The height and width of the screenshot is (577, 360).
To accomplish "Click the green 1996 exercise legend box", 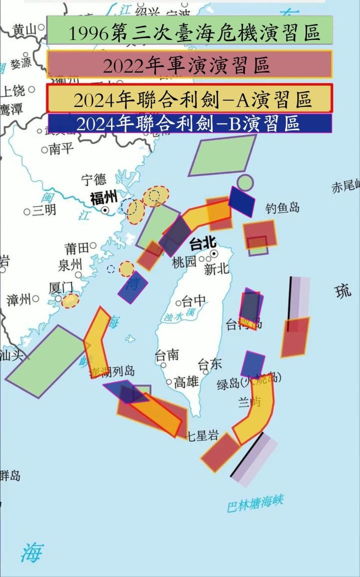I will [x=189, y=30].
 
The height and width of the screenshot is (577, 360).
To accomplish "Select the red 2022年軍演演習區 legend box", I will [x=189, y=64].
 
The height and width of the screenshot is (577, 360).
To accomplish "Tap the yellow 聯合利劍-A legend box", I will [x=189, y=98].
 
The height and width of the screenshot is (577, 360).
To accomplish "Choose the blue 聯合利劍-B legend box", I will [x=189, y=123].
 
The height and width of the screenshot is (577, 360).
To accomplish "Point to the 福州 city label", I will [x=103, y=198].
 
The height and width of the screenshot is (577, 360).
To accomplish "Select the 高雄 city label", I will [x=186, y=383].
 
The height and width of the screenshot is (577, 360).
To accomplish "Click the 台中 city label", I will [x=193, y=301].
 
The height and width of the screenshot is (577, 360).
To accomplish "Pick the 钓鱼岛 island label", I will [x=282, y=208].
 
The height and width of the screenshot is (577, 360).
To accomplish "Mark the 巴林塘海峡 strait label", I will [x=256, y=503].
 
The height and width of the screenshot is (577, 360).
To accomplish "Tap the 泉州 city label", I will [x=70, y=265].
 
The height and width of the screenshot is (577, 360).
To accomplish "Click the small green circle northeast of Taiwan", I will [x=245, y=182].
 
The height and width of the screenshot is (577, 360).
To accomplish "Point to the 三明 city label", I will [x=44, y=210].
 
